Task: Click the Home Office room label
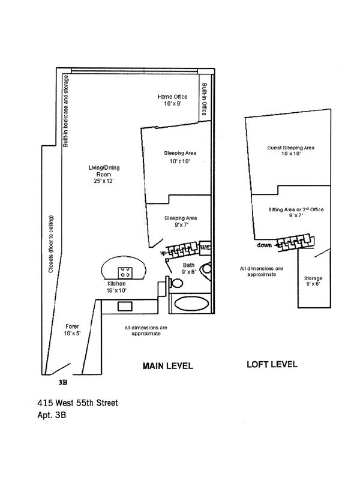coord(173,100)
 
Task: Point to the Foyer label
coord(72,331)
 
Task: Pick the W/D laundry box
coord(205,247)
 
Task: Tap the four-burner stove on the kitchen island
coord(127,271)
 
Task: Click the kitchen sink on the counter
coord(125,306)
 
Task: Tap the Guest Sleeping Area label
coord(291,150)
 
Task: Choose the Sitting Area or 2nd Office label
coord(292,212)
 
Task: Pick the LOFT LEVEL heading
coord(272,365)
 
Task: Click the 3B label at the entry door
coord(63,382)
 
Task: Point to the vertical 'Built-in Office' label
coord(204,100)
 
